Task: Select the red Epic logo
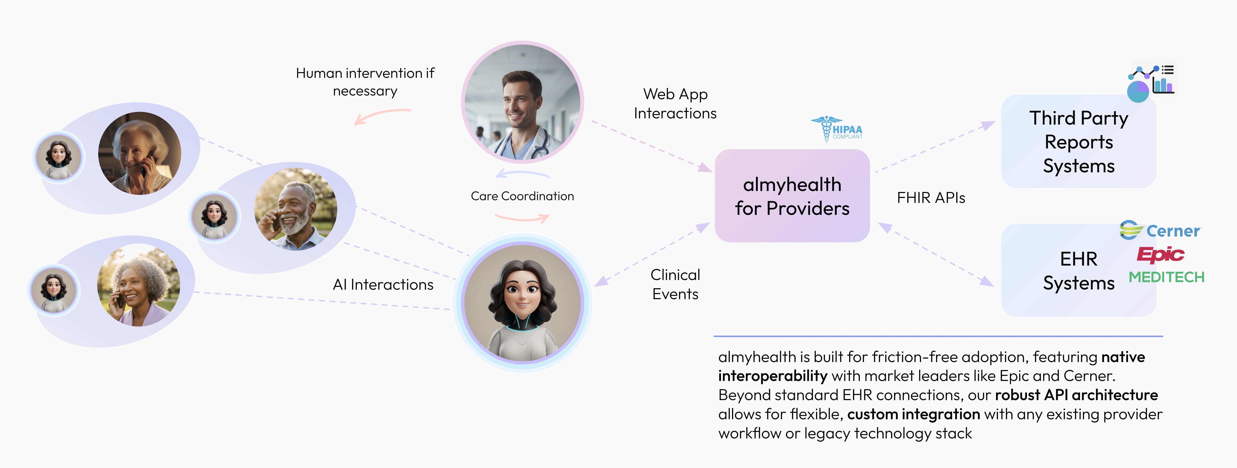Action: [1160, 254]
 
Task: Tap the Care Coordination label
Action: [522, 196]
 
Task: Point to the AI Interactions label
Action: [383, 285]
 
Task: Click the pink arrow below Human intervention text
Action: [382, 115]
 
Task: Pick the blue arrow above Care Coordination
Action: [522, 174]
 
